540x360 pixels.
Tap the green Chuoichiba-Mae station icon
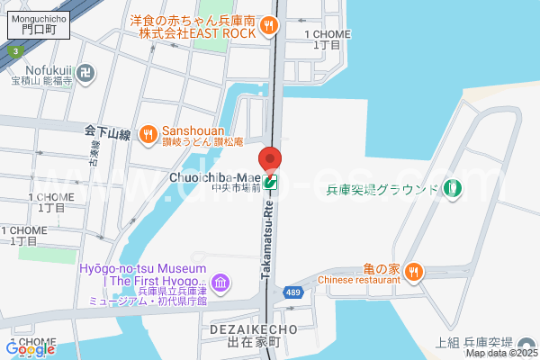[x=270, y=182]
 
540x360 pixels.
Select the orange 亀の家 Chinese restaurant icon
[x=413, y=270]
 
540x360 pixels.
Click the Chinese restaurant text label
[x=359, y=279]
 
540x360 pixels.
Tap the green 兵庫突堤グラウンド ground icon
[x=452, y=189]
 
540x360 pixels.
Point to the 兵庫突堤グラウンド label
[x=382, y=189]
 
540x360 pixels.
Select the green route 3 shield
[x=16, y=51]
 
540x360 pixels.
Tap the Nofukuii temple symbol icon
[x=85, y=71]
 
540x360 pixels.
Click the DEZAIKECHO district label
[x=253, y=329]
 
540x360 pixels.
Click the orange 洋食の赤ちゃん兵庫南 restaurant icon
[x=268, y=27]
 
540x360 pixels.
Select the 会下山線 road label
[x=108, y=133]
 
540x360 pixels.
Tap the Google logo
[x=30, y=348]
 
